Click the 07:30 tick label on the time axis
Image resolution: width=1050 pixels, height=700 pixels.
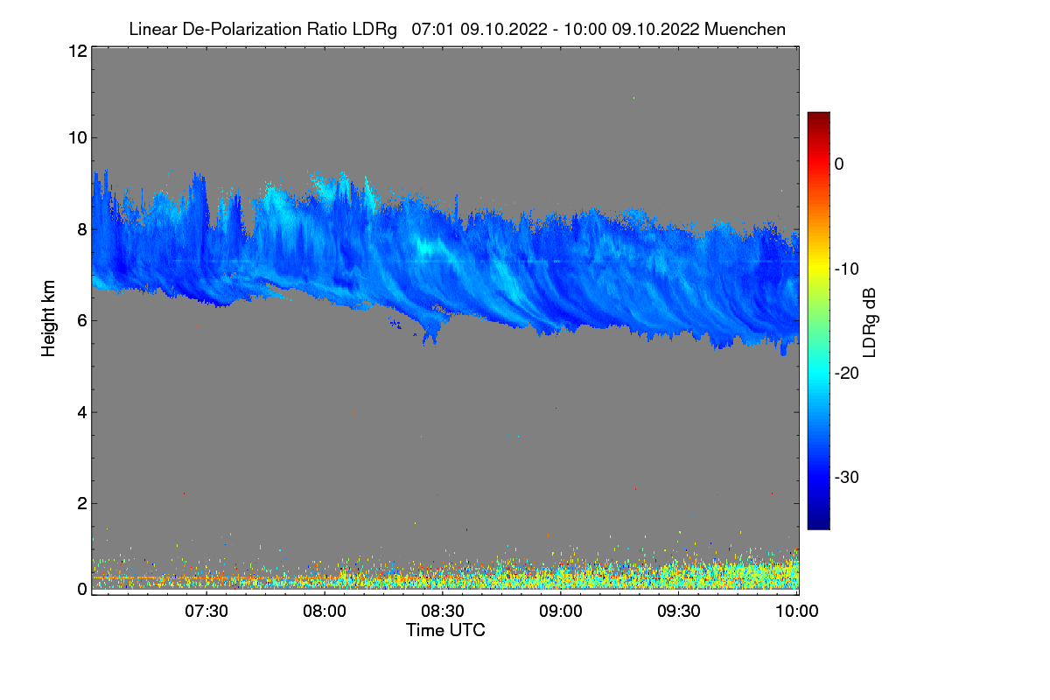click(207, 611)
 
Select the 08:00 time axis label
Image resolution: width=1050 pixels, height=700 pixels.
click(325, 611)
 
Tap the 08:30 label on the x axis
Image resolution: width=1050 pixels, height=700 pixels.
click(443, 611)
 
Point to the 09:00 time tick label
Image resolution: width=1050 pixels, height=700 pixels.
click(561, 611)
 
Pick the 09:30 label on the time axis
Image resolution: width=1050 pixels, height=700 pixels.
click(679, 611)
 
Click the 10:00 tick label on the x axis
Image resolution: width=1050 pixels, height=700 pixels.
click(796, 611)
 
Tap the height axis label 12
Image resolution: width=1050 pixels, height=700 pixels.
click(77, 51)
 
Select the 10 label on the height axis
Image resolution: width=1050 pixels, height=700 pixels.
click(77, 137)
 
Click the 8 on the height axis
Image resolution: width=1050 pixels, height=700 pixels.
click(81, 230)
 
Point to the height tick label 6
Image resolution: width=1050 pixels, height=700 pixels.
click(81, 321)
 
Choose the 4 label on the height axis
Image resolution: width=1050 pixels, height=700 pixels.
click(81, 412)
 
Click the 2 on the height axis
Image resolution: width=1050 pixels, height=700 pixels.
click(81, 503)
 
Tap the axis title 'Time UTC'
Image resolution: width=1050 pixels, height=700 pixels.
click(445, 630)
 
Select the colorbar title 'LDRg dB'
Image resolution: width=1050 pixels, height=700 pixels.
click(869, 321)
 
